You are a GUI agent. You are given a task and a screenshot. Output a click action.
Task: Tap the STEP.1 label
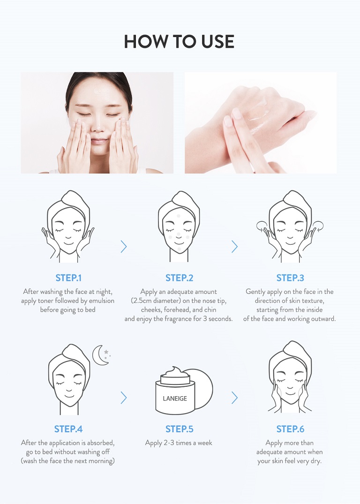pos(68,278)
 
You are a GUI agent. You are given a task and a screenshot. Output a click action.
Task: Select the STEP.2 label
pos(180,278)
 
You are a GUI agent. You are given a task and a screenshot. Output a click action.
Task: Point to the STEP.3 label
pos(290,278)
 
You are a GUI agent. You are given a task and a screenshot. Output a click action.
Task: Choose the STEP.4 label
pos(68,429)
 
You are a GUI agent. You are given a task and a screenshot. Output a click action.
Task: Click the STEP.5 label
pos(180,429)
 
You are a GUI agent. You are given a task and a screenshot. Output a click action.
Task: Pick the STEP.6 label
pos(290,429)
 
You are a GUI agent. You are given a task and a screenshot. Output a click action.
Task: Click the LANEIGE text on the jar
pos(175,399)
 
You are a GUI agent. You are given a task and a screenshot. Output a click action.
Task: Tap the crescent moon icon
pos(99,355)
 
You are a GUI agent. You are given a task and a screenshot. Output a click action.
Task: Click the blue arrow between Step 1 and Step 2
pos(124,247)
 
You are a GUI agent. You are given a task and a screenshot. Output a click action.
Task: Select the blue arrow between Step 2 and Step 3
pos(235,247)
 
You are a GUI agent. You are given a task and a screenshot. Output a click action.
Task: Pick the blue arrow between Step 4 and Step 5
pos(124,398)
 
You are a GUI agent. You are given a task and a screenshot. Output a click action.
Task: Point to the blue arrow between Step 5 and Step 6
pos(235,398)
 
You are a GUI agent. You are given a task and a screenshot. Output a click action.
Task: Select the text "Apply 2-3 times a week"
pos(179,443)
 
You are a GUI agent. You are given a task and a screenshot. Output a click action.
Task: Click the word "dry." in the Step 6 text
pos(316,461)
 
